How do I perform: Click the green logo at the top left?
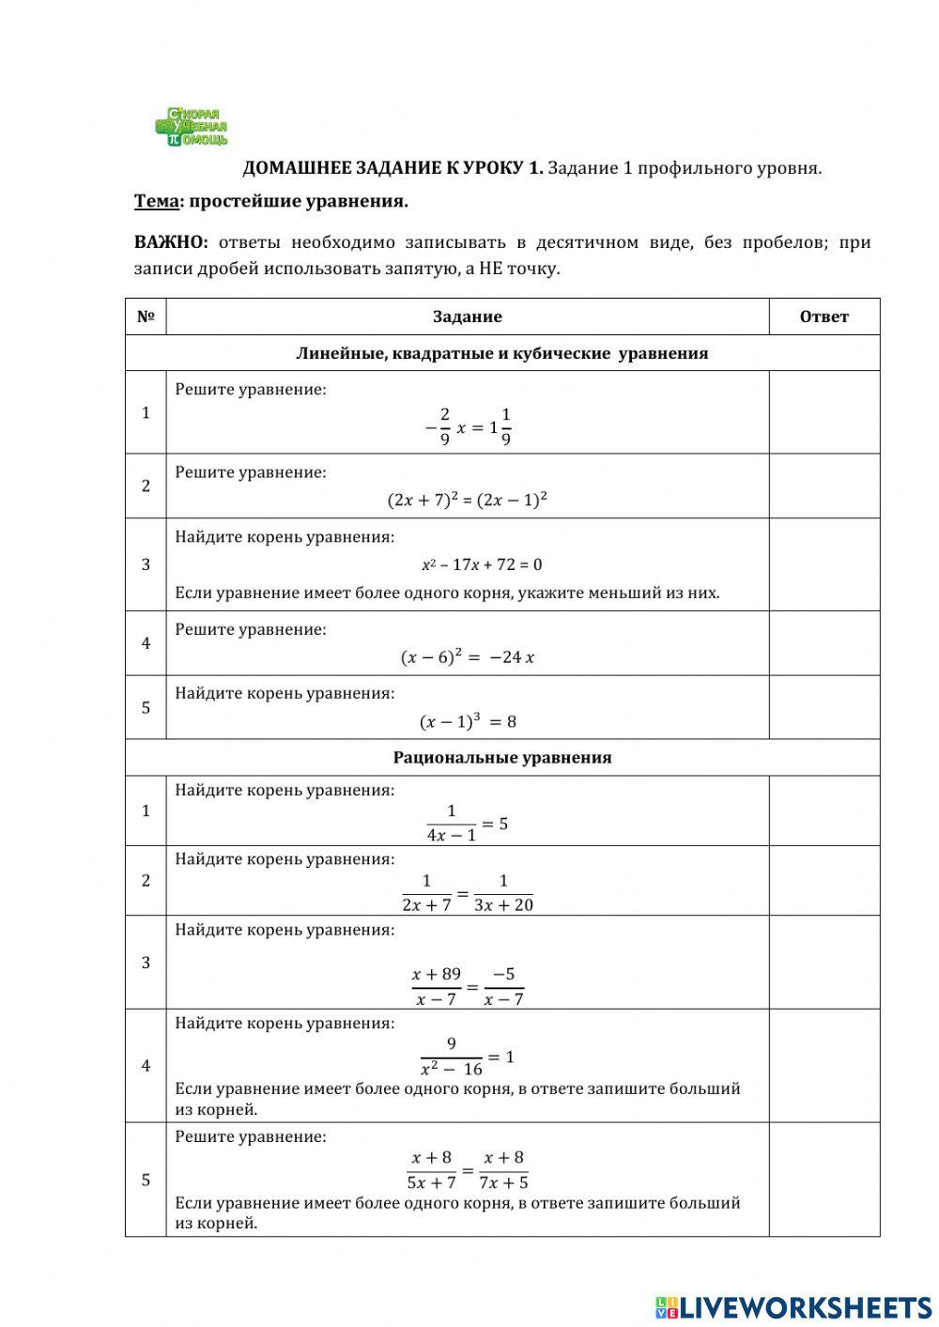(192, 127)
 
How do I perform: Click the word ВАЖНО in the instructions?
(171, 242)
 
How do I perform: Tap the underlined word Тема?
(156, 201)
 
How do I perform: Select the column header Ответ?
(824, 316)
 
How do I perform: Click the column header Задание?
(467, 316)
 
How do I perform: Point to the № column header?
(146, 316)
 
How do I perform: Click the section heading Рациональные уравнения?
(502, 757)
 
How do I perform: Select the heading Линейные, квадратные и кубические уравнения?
(502, 353)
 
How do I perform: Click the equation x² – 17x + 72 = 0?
(482, 564)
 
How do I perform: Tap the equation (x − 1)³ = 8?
(468, 721)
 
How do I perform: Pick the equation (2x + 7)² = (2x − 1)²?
(467, 500)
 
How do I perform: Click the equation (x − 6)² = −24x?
(468, 657)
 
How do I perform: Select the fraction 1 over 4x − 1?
(452, 823)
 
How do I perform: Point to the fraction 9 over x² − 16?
(452, 1057)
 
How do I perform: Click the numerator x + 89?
(437, 974)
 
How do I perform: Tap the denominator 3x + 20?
(504, 904)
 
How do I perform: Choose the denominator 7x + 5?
(504, 1182)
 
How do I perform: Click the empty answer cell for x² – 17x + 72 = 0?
(824, 564)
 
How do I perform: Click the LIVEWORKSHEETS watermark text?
(805, 1306)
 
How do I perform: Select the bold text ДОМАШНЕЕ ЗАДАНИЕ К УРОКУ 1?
(393, 168)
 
